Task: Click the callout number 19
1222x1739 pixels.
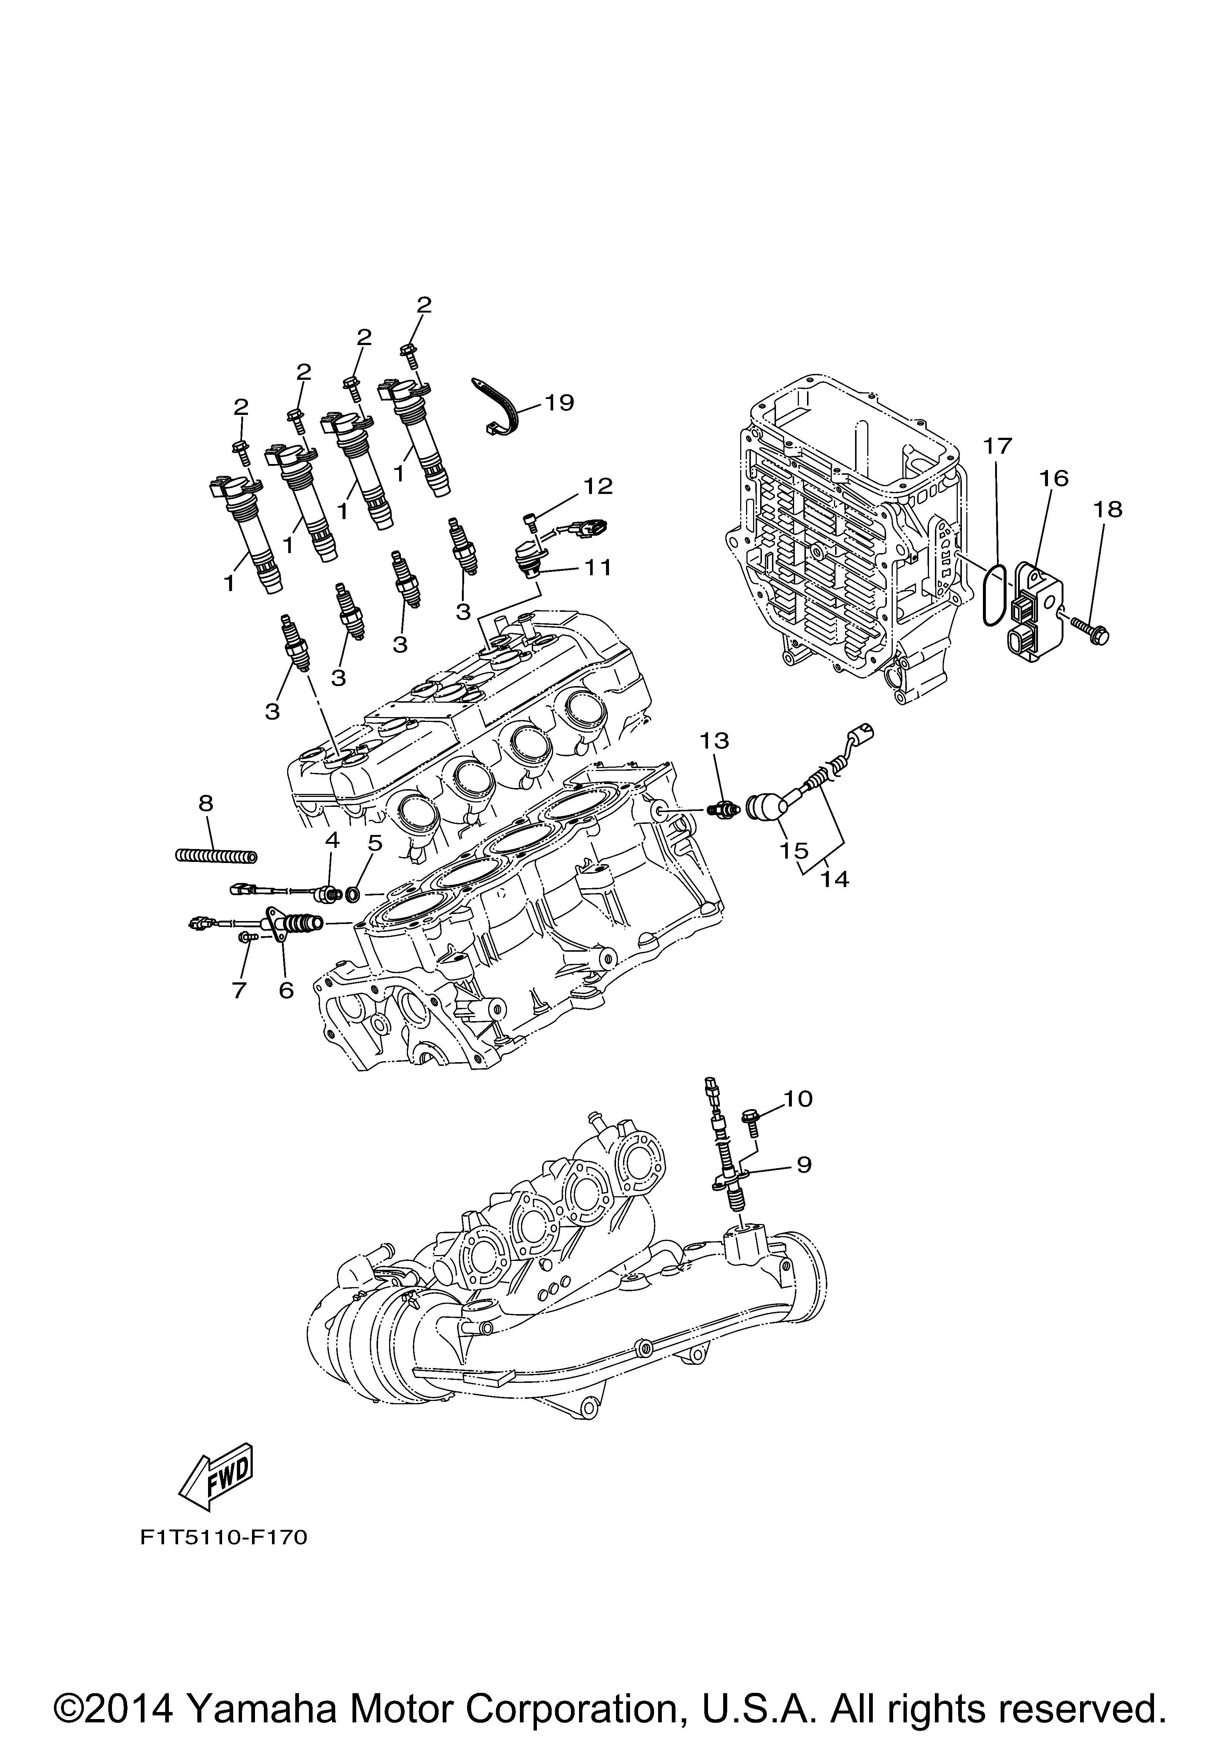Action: point(559,402)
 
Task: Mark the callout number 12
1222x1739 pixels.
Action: point(597,485)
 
